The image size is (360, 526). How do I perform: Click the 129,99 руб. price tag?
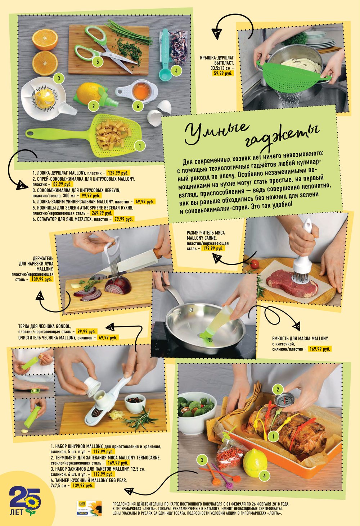pyautogui.click(x=118, y=173)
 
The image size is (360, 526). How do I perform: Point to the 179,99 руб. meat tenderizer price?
pyautogui.click(x=213, y=249)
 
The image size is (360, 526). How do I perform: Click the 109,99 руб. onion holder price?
pyautogui.click(x=42, y=280)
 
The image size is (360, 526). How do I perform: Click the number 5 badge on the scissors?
pyautogui.click(x=97, y=62)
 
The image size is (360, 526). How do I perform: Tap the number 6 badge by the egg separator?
pyautogui.click(x=138, y=106)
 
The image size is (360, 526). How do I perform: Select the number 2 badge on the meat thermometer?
pyautogui.click(x=278, y=390)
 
